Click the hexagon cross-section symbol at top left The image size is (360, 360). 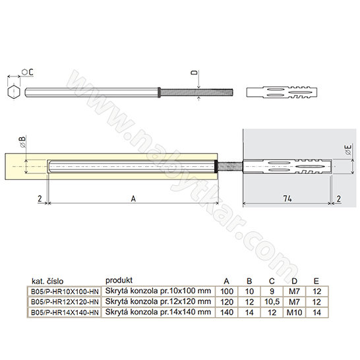(14, 92)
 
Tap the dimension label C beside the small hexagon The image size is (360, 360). (31, 72)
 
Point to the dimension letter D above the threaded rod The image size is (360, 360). (195, 73)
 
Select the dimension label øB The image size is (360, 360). (22, 141)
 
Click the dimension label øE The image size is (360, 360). (349, 150)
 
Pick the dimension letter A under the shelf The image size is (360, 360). (133, 198)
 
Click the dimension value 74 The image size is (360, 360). (287, 198)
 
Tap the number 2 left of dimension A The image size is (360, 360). (40, 198)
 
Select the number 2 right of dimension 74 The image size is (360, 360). (339, 199)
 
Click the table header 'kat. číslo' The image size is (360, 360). (47, 282)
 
